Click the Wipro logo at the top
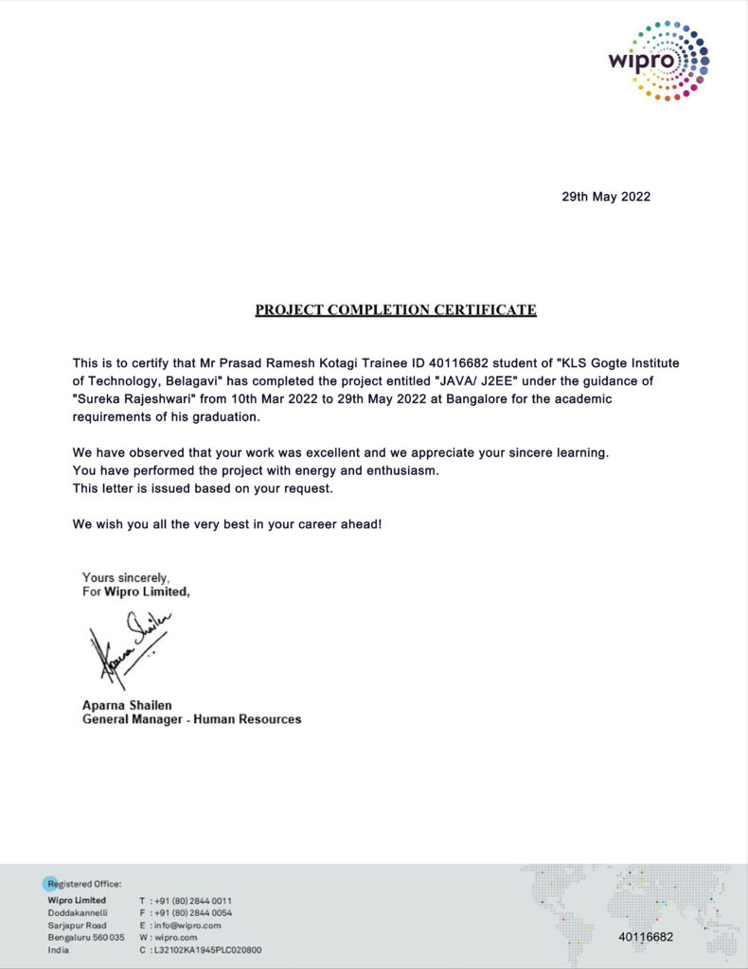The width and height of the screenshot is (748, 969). [x=658, y=61]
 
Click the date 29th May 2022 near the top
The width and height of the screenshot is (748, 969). [x=606, y=197]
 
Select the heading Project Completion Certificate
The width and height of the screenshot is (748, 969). [x=396, y=309]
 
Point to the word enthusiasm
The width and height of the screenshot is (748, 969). [x=429, y=470]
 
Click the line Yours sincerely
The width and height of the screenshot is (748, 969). [x=126, y=577]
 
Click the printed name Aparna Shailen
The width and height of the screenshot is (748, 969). [x=127, y=705]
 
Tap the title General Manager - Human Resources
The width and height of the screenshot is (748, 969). [x=192, y=719]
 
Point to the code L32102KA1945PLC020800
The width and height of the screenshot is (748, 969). [x=207, y=949]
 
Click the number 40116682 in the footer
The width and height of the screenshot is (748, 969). [x=646, y=937]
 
